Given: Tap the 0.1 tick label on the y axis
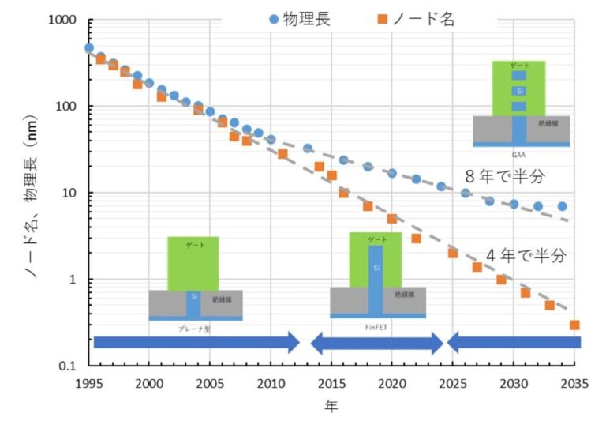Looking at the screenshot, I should (x=72, y=366).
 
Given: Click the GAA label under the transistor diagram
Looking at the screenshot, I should (x=521, y=153).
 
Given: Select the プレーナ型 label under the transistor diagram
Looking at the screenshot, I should (x=195, y=325).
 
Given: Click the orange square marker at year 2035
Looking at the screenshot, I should (x=574, y=325).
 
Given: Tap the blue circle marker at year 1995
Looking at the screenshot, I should (x=89, y=48).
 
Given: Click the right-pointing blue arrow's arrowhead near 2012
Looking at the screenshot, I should (x=293, y=342).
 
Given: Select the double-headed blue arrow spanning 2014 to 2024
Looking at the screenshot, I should (x=376, y=342).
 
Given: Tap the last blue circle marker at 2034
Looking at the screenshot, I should (x=562, y=206).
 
